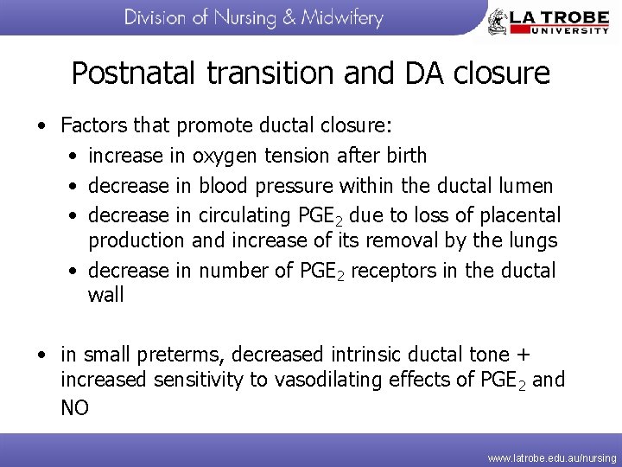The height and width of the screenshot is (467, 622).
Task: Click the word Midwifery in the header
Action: (x=342, y=18)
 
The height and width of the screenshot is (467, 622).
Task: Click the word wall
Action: (x=106, y=295)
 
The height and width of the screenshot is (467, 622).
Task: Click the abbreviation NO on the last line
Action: (x=75, y=407)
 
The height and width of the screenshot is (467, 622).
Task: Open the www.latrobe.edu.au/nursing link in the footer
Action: (x=552, y=457)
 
